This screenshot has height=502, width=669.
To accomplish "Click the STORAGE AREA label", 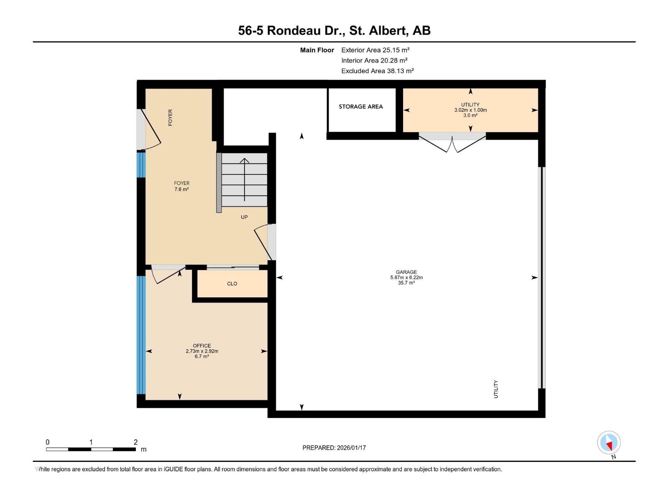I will [360, 107].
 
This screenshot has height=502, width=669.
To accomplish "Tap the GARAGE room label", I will [406, 272].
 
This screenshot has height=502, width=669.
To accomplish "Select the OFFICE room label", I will [202, 346].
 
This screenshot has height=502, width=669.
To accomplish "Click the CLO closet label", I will [232, 284].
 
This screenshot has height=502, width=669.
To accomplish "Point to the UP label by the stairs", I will [244, 217].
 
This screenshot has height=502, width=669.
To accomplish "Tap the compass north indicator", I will [609, 443].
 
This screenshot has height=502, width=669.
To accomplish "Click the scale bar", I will [91, 449].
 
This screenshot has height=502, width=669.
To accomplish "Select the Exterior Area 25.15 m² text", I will [375, 50].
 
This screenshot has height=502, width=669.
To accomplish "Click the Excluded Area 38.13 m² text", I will [377, 71].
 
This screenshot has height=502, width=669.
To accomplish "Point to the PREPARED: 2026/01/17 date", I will [334, 448].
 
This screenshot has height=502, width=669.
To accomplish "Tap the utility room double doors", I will [452, 142].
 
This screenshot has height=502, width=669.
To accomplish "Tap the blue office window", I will [141, 335].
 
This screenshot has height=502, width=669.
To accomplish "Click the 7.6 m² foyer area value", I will [181, 190].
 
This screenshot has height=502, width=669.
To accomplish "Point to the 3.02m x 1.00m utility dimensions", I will [470, 110].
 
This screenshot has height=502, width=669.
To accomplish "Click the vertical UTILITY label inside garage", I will [496, 389].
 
